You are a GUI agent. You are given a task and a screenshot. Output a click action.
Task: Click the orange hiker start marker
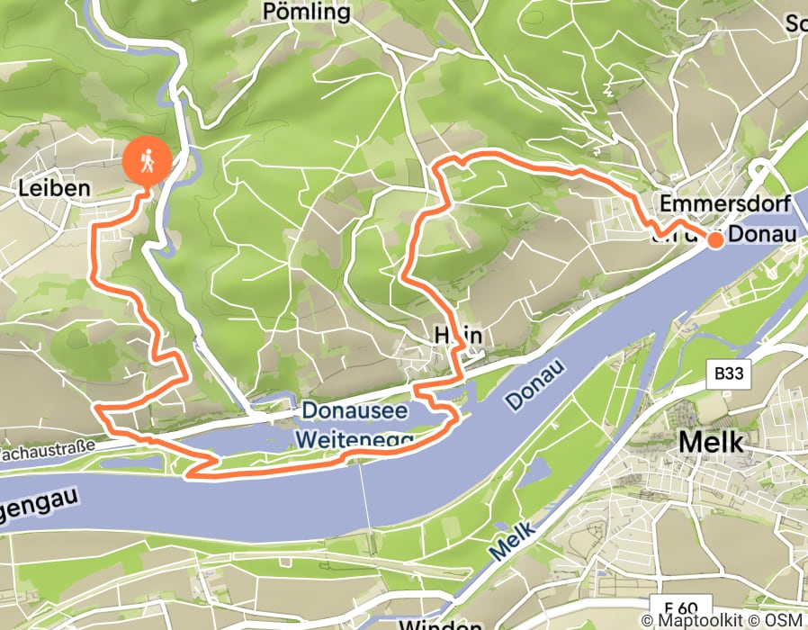coord(148,162)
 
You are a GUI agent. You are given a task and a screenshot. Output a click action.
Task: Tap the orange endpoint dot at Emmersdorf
coord(715,240)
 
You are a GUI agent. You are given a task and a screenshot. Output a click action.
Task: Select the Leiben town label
coord(55,189)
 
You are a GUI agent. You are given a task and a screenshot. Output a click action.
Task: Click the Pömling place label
coord(306,12)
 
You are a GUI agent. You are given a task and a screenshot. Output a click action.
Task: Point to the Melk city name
coord(711,442)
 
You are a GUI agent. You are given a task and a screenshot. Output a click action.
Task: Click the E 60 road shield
coord(682,606)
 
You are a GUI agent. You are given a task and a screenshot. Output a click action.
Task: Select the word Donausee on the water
coord(355,411)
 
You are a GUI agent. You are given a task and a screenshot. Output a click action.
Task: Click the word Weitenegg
coord(353,440)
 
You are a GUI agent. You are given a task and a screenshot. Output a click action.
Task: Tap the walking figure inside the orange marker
coord(148,160)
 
